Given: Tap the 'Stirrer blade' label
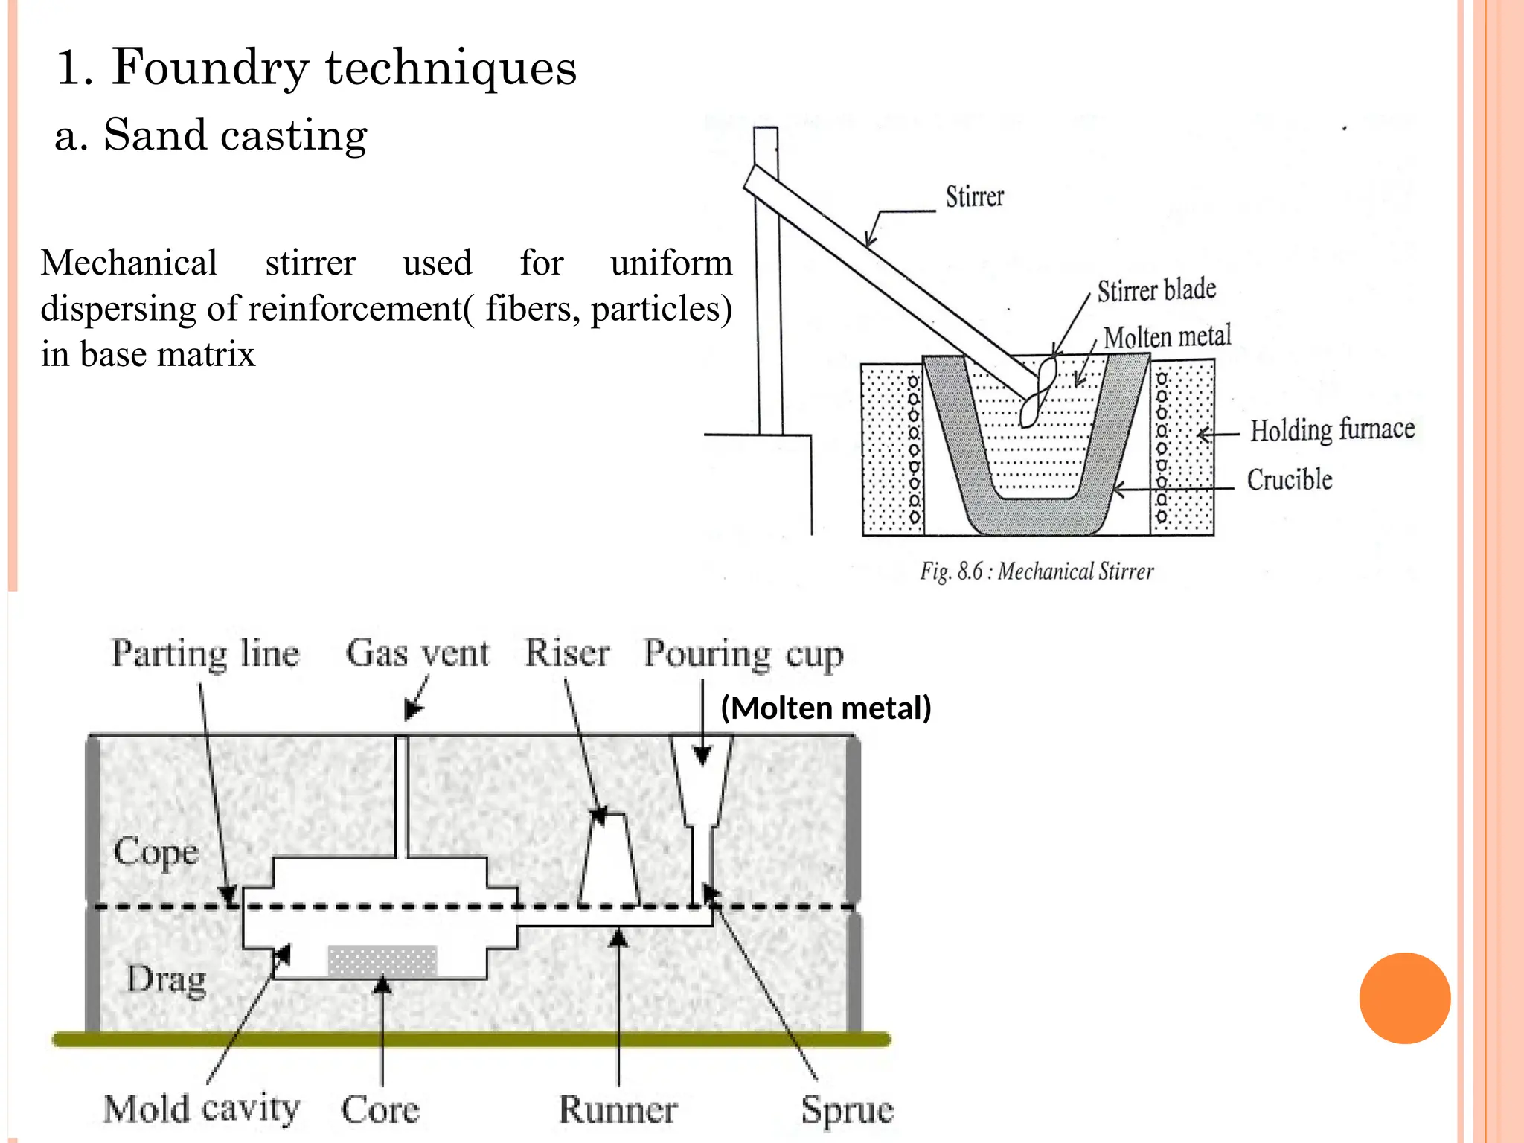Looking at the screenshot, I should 1156,290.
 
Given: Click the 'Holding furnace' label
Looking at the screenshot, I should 1331,430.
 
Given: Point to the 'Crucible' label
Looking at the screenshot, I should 1289,480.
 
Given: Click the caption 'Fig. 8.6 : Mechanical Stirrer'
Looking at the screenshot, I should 1037,571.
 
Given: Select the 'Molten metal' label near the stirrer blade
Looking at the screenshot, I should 1167,337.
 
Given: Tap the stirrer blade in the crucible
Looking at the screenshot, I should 1037,391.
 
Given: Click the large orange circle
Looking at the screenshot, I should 1404,998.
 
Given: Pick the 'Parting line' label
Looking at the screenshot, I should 205,654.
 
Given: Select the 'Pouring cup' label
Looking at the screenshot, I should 743,655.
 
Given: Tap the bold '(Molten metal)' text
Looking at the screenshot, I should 826,708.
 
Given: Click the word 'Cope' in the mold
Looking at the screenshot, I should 156,851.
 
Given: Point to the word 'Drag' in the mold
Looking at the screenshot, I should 166,979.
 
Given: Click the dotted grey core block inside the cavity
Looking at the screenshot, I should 382,960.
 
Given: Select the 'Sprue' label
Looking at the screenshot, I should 847,1110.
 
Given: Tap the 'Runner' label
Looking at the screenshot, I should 618,1110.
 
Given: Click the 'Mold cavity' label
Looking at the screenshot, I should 202,1109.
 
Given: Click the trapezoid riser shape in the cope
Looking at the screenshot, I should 609,859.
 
